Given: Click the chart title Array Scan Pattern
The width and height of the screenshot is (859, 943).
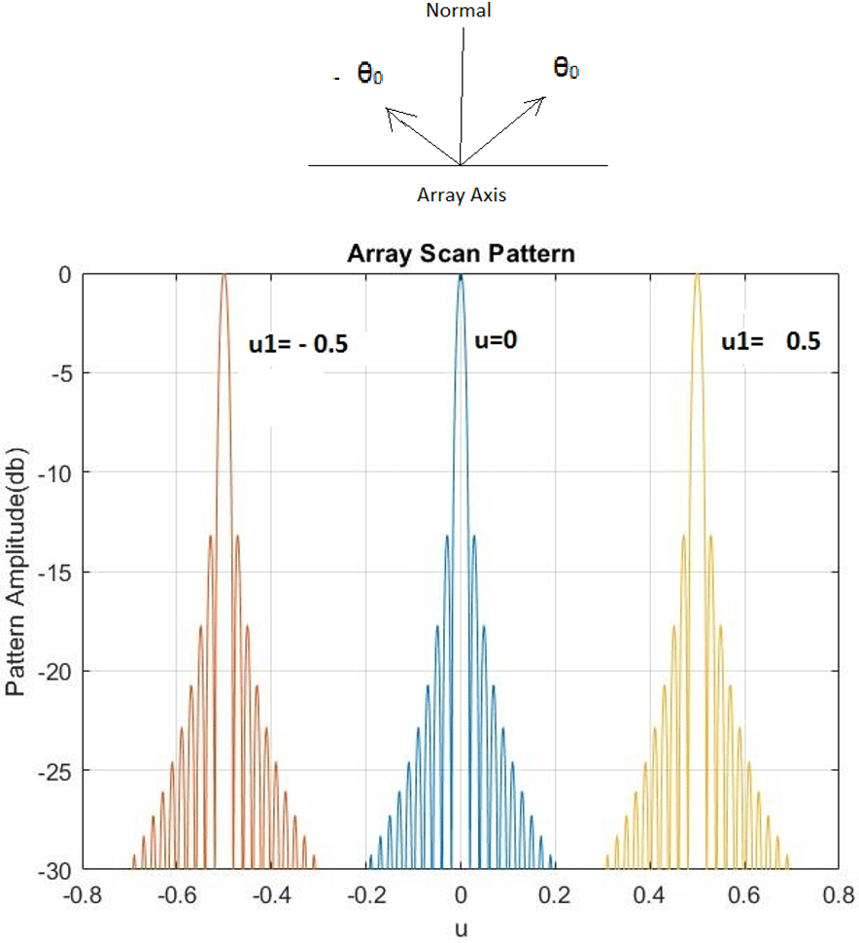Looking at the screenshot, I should click(x=462, y=256).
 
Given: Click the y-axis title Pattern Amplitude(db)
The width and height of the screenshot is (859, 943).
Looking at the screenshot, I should click(x=17, y=572).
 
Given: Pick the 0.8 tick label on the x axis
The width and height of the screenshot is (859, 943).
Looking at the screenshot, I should click(x=841, y=891).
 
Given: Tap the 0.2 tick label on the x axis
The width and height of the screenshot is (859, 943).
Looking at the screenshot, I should click(x=556, y=891).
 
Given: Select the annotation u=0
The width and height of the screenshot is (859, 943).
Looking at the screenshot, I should click(x=499, y=341).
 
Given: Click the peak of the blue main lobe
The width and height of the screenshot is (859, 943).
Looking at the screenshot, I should click(x=461, y=276).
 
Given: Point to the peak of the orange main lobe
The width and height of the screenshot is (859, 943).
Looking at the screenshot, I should click(x=224, y=276).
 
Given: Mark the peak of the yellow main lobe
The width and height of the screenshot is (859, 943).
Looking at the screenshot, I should click(x=697, y=276).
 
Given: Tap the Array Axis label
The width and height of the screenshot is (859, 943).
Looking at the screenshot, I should click(x=462, y=194).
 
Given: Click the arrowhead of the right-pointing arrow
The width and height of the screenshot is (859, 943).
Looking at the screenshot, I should click(x=539, y=101).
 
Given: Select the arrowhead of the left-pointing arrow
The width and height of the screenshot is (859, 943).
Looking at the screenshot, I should click(x=391, y=115).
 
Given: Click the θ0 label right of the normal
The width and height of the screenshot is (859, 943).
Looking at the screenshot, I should click(x=566, y=68).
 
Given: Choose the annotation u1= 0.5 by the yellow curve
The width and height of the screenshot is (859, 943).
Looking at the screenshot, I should click(x=771, y=341).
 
